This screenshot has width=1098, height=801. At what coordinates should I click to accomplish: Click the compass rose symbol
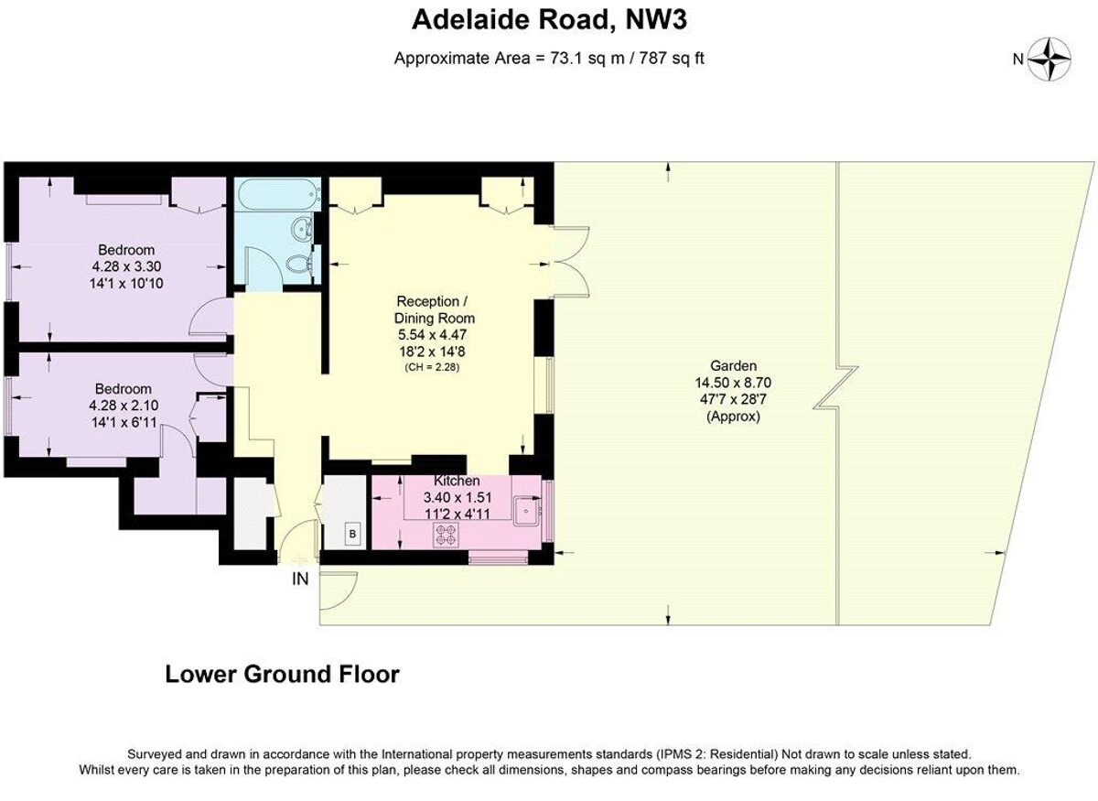pyautogui.click(x=1049, y=59)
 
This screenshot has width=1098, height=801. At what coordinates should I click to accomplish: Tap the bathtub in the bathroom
pyautogui.click(x=277, y=195)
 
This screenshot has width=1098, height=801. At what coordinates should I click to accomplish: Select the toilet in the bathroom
pyautogui.click(x=299, y=265)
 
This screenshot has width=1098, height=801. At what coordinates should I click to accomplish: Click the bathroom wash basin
pyautogui.click(x=303, y=228)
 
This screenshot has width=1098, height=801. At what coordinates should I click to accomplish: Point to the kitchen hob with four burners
pyautogui.click(x=446, y=535)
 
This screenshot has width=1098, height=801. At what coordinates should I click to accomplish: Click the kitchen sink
pyautogui.click(x=527, y=512)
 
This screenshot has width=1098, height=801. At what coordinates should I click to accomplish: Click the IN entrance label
pyautogui.click(x=300, y=579)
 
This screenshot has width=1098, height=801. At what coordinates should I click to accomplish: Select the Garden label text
pyautogui.click(x=733, y=366)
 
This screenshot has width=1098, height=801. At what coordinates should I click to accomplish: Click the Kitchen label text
pyautogui.click(x=457, y=481)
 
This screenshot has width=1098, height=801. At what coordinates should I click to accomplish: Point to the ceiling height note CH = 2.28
pyautogui.click(x=432, y=367)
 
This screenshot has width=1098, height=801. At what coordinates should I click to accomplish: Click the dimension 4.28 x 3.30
pyautogui.click(x=126, y=266)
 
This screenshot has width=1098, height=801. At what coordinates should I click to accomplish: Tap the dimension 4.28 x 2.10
pyautogui.click(x=124, y=406)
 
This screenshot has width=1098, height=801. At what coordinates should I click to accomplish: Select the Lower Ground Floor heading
pyautogui.click(x=283, y=675)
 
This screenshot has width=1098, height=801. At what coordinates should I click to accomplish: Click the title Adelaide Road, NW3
pyautogui.click(x=549, y=20)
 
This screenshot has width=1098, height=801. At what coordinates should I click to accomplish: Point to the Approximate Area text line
pyautogui.click(x=549, y=59)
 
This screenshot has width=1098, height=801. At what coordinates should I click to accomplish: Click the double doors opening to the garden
pyautogui.click(x=571, y=263)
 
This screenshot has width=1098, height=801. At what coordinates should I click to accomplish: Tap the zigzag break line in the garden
pyautogui.click(x=836, y=387)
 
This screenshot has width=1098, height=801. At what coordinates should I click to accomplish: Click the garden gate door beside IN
pyautogui.click(x=338, y=590)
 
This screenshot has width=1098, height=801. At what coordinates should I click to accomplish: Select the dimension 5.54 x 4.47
pyautogui.click(x=432, y=335)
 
